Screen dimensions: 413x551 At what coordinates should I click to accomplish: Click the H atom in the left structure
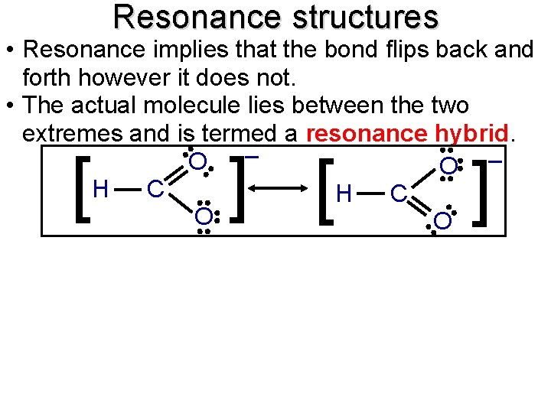(x=99, y=188)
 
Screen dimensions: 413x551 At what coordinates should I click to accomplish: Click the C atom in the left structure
(x=154, y=189)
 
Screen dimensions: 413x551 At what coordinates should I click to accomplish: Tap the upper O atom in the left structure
(x=197, y=162)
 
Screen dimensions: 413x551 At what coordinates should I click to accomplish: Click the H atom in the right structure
(x=344, y=196)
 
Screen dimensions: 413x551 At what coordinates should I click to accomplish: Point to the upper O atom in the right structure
(x=448, y=167)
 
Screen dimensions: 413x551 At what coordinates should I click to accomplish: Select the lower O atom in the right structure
(x=442, y=221)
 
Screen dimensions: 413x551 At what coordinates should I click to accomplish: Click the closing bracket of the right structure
(x=482, y=191)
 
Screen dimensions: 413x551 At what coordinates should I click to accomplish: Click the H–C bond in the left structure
(x=127, y=188)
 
